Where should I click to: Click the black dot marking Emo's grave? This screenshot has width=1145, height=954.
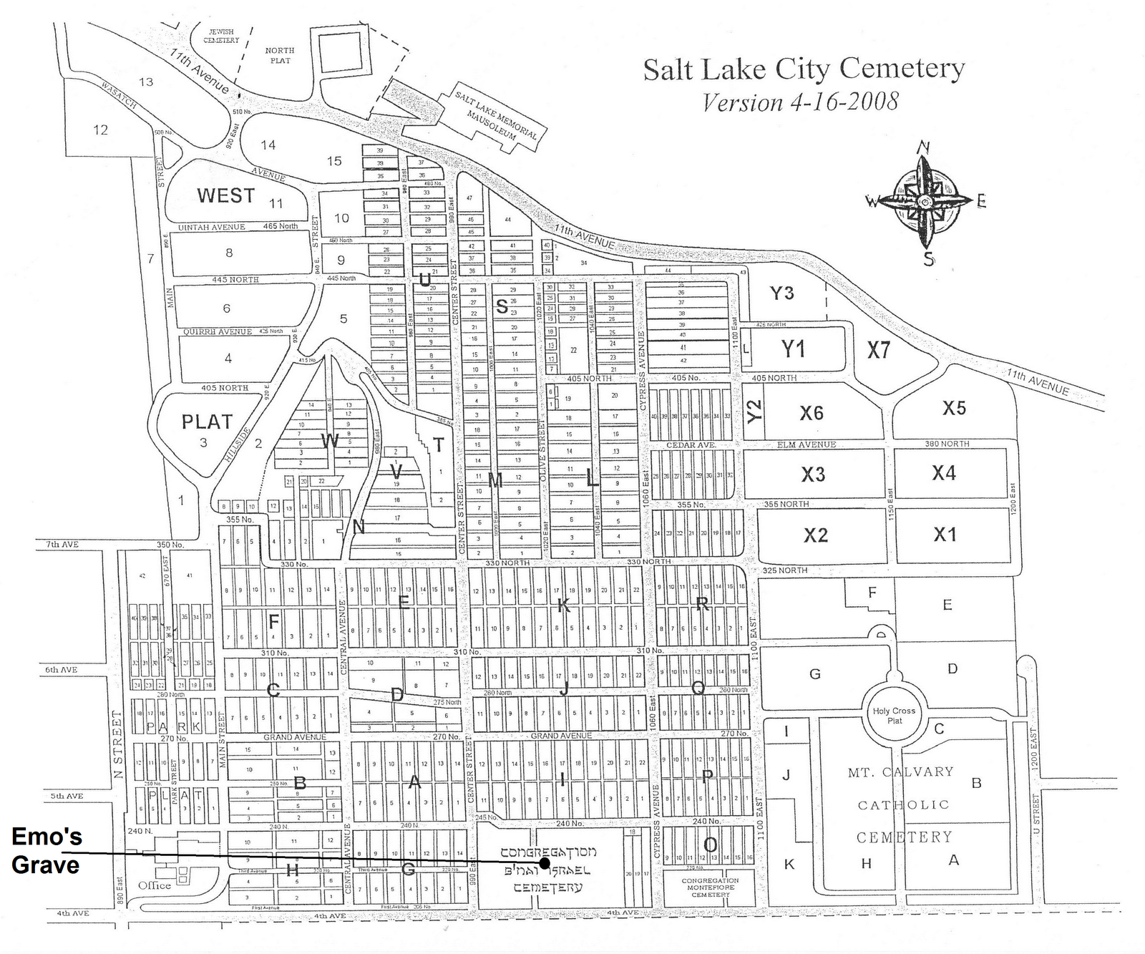coord(545,863)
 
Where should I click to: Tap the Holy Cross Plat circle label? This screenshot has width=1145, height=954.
coord(894,715)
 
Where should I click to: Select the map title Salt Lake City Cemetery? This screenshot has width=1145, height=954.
coord(804,69)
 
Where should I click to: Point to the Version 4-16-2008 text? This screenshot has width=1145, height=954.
coord(800,102)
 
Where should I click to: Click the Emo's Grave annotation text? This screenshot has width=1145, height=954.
coord(47,851)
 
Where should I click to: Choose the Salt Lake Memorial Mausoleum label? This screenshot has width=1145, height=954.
coord(496,114)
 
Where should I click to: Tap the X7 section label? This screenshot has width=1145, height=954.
coord(878,349)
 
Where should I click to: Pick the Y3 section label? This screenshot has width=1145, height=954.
coord(781,293)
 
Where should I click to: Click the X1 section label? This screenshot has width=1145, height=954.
coord(945,534)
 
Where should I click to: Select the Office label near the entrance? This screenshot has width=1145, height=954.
coord(154,885)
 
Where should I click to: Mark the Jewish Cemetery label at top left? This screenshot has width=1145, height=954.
coord(221,36)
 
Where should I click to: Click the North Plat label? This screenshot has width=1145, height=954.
coord(280,55)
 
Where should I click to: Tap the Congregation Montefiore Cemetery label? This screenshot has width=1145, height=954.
coord(710,887)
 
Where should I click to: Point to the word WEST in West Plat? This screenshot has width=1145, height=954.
coord(225,195)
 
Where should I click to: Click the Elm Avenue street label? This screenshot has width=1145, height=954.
coord(807,444)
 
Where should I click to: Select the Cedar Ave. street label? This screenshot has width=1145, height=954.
coord(691,444)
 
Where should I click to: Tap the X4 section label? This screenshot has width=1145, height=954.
coord(943,472)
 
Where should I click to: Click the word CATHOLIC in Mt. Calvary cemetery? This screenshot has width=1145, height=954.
coord(903,804)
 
